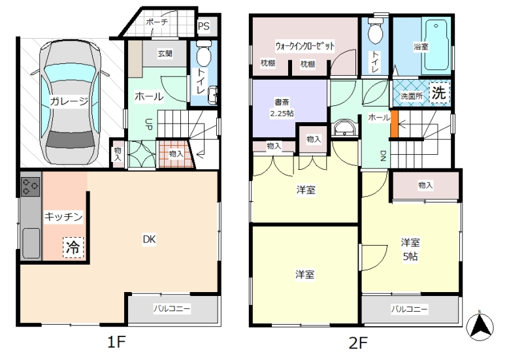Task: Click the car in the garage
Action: pos(70,102)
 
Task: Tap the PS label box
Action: pos(203,26)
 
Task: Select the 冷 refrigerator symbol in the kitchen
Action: pos(73,248)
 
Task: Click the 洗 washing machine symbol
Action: pos(439,93)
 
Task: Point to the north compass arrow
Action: pos(480,326)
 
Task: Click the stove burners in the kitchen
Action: pos(31,187)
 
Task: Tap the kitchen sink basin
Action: pos(31,243)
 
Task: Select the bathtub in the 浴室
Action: pos(436,45)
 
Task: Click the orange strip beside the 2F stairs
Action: pos(394,124)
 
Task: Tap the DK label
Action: pos(150,239)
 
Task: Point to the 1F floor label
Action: pos(116,342)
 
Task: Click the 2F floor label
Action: pos(358,342)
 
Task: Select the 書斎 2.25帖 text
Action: pos(282,108)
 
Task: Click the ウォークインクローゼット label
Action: pos(304,46)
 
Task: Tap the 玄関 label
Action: pos(165,54)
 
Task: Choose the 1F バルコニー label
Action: pos(172,308)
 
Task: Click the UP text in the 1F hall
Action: pos(149,124)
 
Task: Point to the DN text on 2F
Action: pos(383,156)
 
